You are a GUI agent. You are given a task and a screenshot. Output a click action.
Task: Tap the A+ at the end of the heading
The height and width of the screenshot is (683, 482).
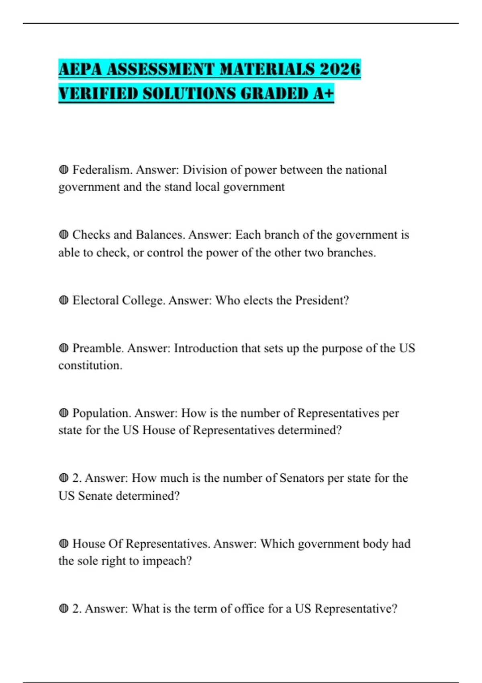coord(323,94)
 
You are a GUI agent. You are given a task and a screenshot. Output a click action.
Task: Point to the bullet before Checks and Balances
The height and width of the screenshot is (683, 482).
coord(63,235)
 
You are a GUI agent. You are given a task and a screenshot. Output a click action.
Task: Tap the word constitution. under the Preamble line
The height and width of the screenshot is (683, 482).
coord(90,365)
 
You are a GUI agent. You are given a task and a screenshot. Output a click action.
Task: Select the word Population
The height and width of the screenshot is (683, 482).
coord(102,413)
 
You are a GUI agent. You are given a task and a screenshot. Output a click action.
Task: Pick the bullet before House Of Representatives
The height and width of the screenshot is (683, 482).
coord(63,544)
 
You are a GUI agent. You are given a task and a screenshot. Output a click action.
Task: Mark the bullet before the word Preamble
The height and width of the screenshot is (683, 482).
coord(63,348)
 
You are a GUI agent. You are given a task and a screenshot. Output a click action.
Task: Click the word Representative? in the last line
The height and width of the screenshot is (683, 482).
coord(356,609)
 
